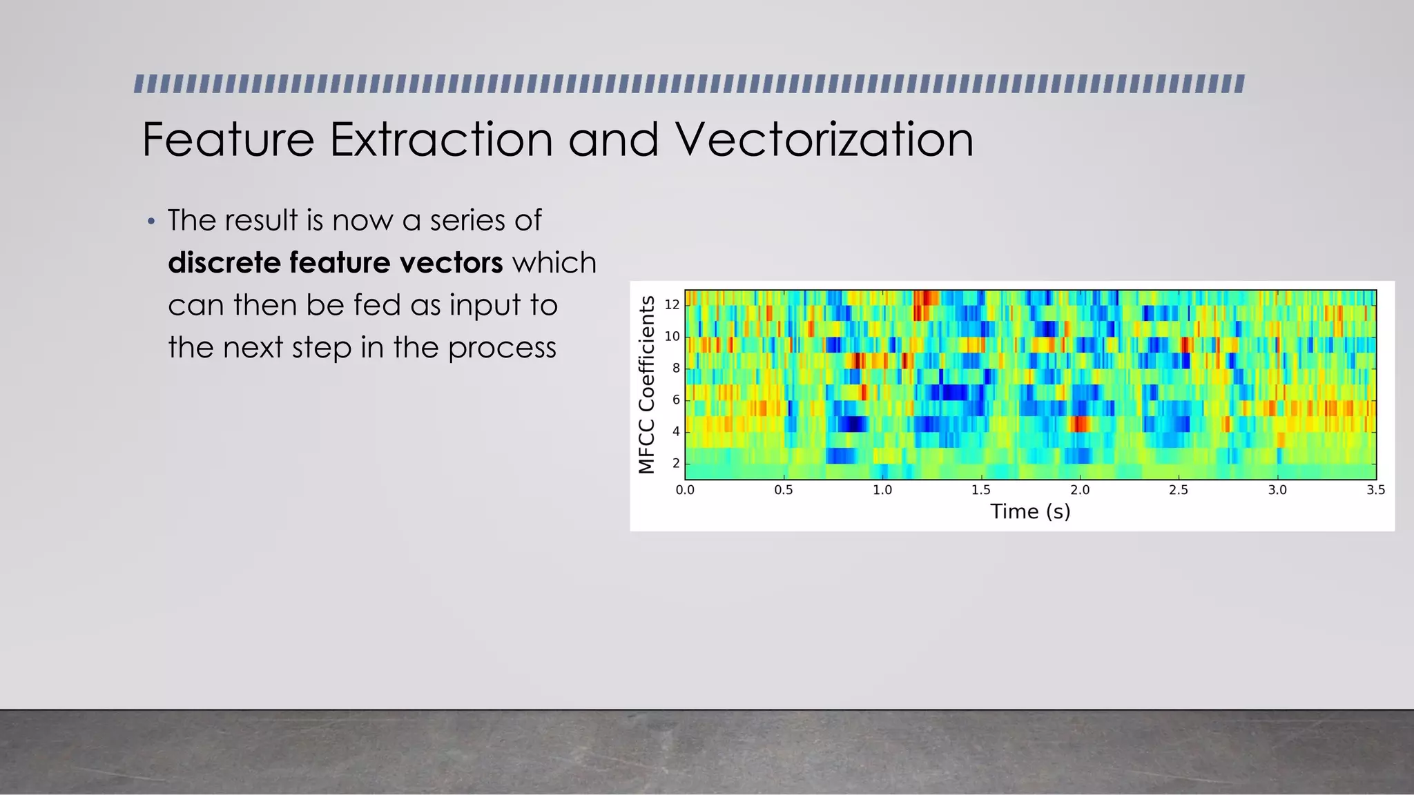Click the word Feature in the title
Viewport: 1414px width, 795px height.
tap(228, 140)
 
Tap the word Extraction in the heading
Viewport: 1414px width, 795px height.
tap(440, 140)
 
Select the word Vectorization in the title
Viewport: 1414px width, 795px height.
tap(824, 140)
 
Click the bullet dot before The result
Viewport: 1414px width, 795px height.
tap(152, 222)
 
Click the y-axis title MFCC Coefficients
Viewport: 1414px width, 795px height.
tap(646, 384)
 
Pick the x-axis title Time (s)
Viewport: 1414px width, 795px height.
tap(1030, 511)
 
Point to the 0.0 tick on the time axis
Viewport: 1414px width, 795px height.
tap(685, 490)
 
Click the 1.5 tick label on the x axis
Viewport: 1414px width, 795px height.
tap(981, 490)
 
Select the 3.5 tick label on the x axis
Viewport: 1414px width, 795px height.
tap(1375, 490)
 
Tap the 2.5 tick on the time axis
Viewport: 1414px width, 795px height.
tap(1179, 490)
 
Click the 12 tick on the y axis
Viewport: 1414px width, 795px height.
tap(672, 304)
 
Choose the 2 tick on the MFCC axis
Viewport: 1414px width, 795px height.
tap(676, 463)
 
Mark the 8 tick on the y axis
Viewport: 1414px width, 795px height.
tap(676, 368)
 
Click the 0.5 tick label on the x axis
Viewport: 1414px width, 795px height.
tap(784, 490)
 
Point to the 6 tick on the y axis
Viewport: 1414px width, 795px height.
tap(676, 400)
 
